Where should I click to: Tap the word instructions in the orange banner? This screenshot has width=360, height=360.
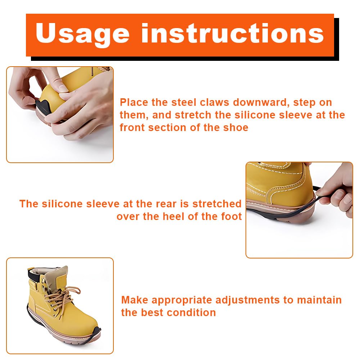(232, 33)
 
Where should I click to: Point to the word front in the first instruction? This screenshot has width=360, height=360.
(132, 128)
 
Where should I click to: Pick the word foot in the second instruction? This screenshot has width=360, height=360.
(231, 216)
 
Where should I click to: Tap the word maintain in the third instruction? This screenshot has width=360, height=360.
(319, 300)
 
